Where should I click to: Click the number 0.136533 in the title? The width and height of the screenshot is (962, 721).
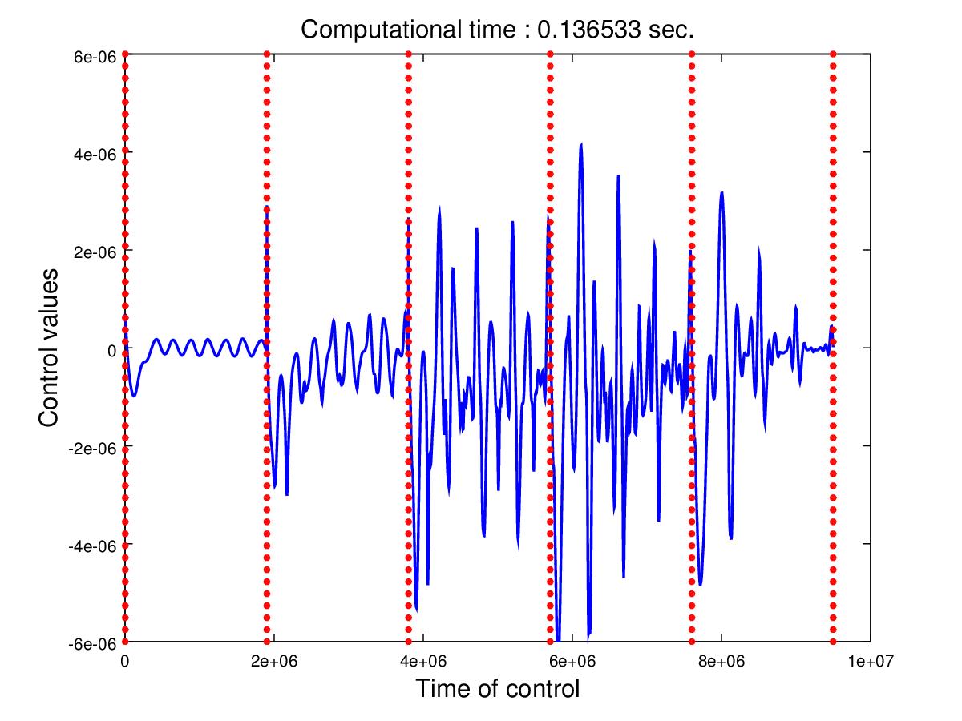tap(588, 30)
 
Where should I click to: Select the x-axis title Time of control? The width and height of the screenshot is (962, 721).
tap(497, 688)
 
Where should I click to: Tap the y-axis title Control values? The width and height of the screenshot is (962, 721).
tap(51, 348)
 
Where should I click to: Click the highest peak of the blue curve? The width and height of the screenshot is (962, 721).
tap(580, 145)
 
